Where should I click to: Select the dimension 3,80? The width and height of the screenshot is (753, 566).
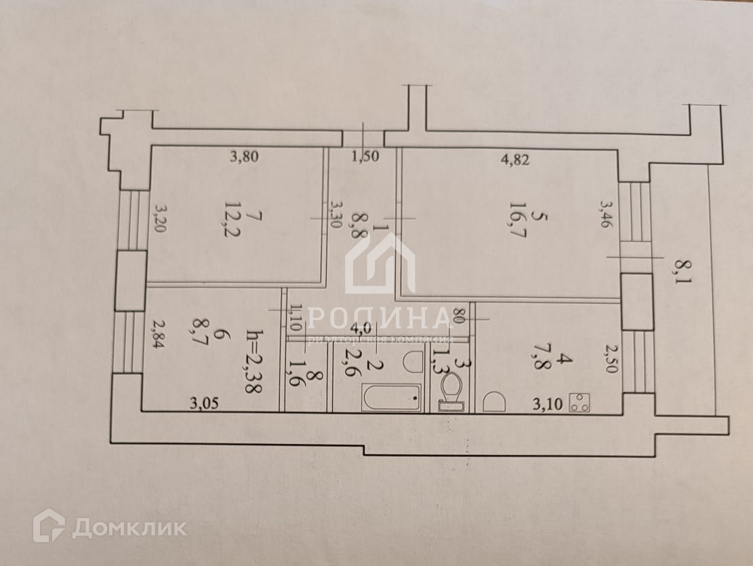click(x=243, y=158)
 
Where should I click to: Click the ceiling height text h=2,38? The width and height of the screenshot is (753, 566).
click(x=255, y=362)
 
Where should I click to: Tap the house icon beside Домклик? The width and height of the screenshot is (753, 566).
click(x=49, y=525)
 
